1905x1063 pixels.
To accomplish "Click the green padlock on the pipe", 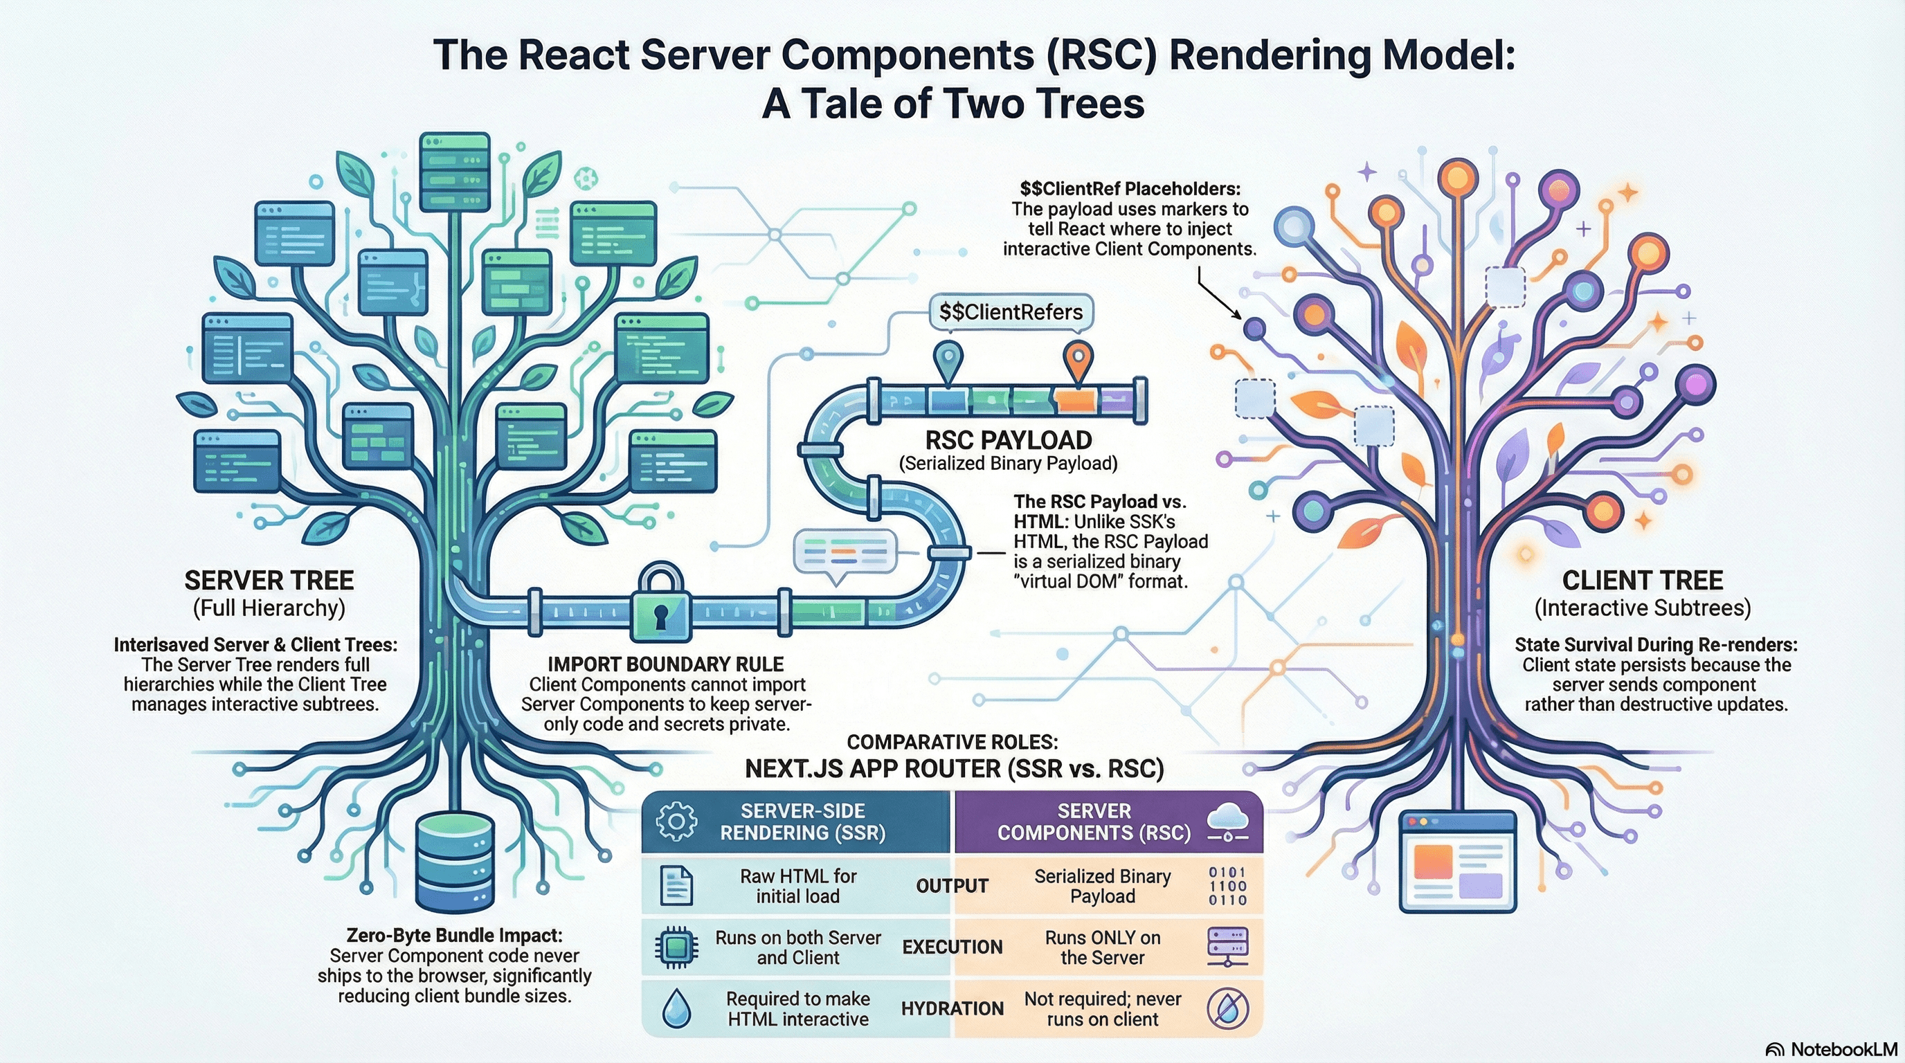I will (x=660, y=606).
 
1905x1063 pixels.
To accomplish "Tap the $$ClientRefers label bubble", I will (x=1010, y=312).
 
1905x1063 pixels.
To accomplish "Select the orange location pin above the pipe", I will (x=1078, y=361).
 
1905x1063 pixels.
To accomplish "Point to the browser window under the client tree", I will (x=1458, y=862).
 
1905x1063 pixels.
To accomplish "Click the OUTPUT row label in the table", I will (x=952, y=886).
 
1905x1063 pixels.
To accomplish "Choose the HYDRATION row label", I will (x=952, y=1009).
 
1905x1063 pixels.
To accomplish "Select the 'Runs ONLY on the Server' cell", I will (x=1102, y=947).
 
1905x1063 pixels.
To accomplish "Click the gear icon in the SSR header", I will (x=676, y=821).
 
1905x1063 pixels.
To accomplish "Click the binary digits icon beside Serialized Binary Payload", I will (x=1227, y=886).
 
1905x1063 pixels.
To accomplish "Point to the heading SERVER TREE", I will (x=269, y=580).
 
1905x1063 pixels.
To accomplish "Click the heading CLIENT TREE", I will (x=1642, y=580).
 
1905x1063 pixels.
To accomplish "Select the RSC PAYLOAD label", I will (x=1008, y=441).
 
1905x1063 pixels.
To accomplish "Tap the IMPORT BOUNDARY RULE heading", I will (x=665, y=664).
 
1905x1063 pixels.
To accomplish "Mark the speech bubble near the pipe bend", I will (x=844, y=554).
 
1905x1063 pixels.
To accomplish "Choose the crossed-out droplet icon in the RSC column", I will (x=1227, y=1009).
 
